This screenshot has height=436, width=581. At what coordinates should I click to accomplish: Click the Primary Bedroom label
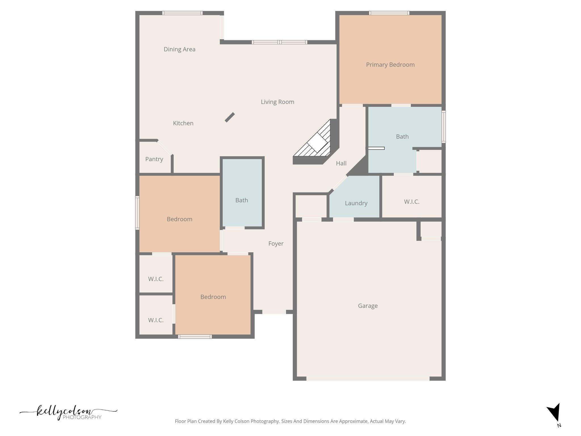coord(390,65)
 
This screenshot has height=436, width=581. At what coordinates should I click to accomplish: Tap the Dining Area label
coord(179,49)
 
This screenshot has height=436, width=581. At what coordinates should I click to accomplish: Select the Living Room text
coord(277,102)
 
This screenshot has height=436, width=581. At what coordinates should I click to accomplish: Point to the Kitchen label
coord(183,123)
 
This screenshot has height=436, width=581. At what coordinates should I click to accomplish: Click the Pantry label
coord(154,159)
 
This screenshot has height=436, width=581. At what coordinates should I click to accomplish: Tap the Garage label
coord(368,306)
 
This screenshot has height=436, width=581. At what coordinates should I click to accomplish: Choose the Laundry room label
coord(356,203)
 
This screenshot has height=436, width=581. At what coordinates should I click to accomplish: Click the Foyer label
coord(276,244)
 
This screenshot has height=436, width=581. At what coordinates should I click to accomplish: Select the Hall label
coord(341,163)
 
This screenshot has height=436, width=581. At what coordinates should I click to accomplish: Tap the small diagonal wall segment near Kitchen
coord(230,117)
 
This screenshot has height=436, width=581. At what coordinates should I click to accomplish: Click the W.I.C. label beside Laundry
coord(412,202)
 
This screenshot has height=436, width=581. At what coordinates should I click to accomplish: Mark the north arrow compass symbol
coord(554,413)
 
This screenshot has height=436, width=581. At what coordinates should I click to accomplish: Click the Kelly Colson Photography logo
coord(68,412)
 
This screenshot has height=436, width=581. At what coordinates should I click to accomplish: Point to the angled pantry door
coord(165,148)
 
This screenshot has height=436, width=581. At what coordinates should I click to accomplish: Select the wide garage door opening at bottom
coord(368,379)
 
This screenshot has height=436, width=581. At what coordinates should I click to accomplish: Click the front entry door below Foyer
coord(274,312)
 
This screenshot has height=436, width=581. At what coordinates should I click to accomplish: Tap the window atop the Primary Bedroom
coord(389,13)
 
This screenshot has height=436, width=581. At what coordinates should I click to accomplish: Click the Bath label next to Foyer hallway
coord(241,200)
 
